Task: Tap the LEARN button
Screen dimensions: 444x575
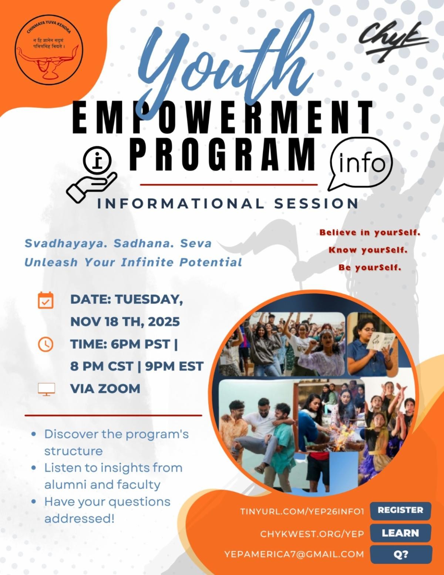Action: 400,533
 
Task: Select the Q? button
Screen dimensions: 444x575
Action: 401,554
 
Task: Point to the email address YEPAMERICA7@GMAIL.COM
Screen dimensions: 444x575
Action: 294,554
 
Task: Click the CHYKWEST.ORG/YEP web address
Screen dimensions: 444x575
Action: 312,534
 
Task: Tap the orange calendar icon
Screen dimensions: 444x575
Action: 46,300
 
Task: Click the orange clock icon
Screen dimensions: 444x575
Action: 46,344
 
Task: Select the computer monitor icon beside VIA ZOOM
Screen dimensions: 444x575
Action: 47,389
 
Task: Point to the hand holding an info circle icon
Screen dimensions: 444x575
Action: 91,175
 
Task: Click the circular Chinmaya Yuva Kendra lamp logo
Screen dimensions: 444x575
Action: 49,50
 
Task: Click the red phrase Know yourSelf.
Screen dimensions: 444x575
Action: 368,250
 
